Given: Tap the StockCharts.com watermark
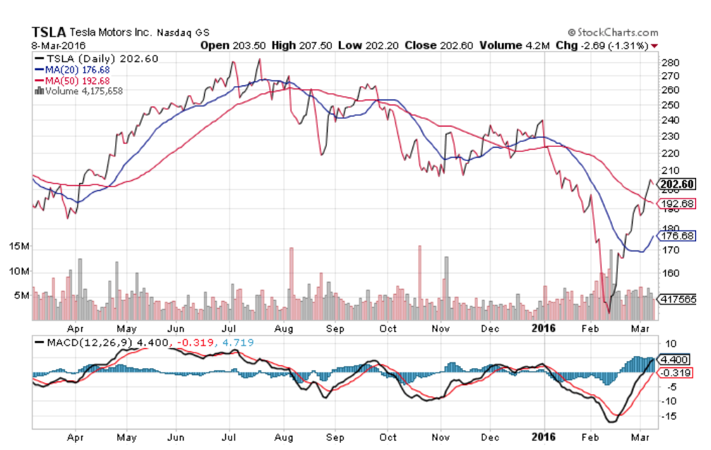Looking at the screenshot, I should pos(613,32).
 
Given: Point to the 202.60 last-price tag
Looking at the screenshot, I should pos(676,186).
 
